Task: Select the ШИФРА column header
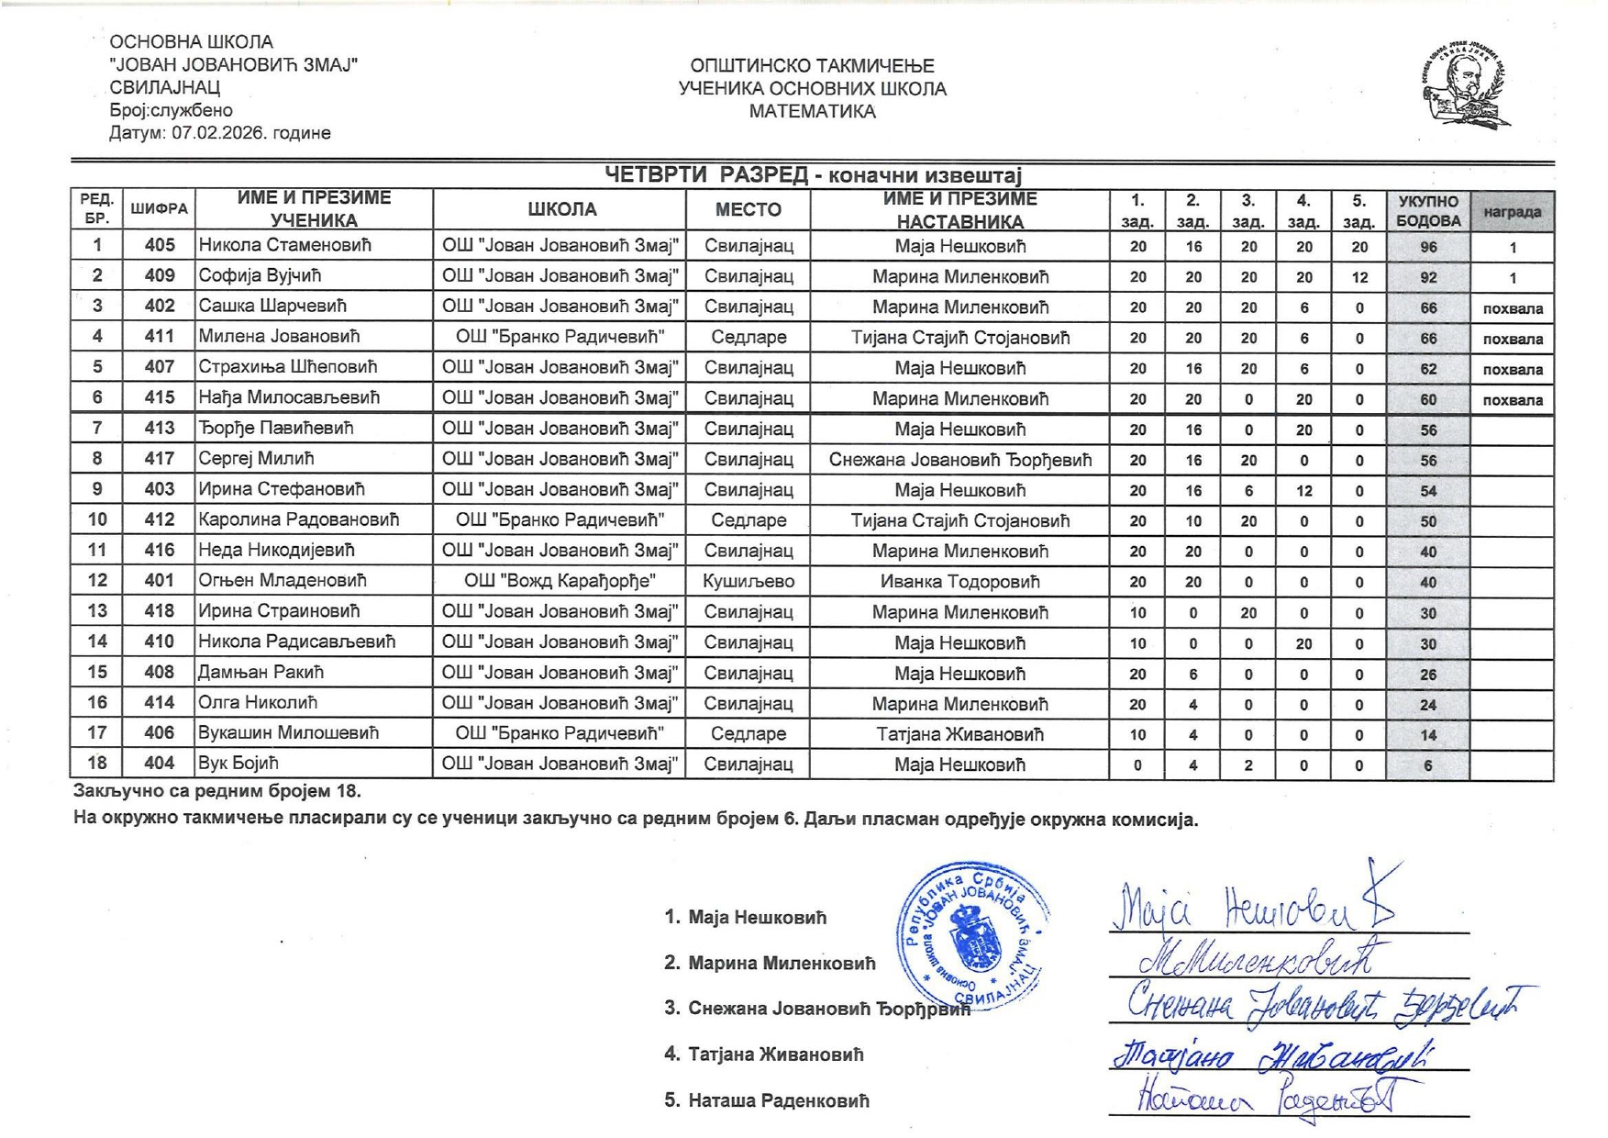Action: [x=160, y=209]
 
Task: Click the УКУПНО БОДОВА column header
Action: [x=1427, y=211]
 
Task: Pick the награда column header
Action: [x=1512, y=212]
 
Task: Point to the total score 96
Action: [x=1427, y=247]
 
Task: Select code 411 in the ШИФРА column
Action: [x=160, y=337]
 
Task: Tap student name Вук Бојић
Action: [x=238, y=764]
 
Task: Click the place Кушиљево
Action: [x=749, y=581]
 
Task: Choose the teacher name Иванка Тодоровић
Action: [x=959, y=582]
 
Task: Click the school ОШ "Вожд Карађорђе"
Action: [x=560, y=581]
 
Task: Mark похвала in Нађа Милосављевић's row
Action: [x=1512, y=400]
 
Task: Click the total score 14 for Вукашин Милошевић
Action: [x=1427, y=735]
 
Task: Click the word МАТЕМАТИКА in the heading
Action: [x=812, y=112]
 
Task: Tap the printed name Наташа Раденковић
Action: [x=778, y=1100]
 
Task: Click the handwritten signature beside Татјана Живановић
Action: [x=1270, y=1055]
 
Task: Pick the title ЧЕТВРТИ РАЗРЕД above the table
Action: [x=706, y=175]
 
